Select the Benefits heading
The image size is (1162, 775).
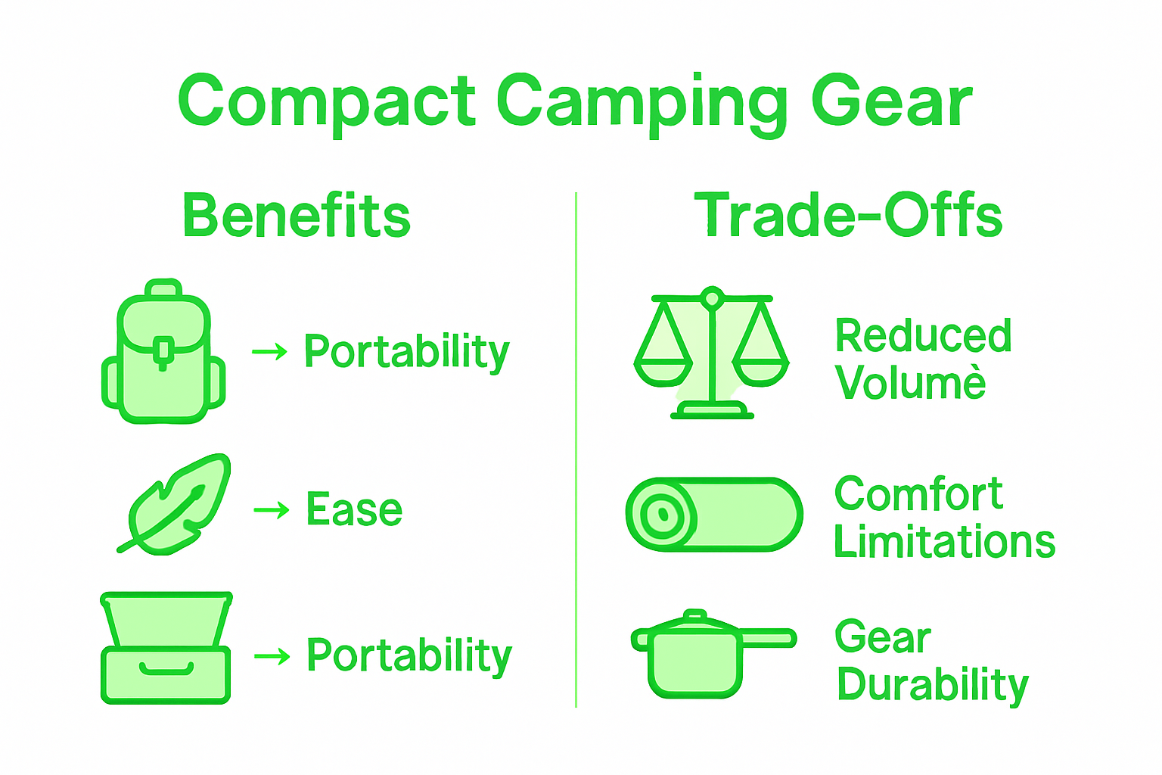[297, 216]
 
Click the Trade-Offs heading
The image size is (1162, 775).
[848, 216]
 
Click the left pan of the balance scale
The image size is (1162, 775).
[663, 372]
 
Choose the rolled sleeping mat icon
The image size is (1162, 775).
[714, 515]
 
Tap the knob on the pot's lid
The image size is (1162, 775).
[694, 615]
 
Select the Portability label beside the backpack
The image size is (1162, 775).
[407, 352]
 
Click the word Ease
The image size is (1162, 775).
[354, 509]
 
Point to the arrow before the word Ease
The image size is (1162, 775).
[272, 510]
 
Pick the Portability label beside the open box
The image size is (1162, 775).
[409, 655]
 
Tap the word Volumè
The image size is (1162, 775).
[911, 383]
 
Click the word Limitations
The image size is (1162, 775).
[944, 542]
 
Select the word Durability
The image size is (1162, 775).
[933, 685]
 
